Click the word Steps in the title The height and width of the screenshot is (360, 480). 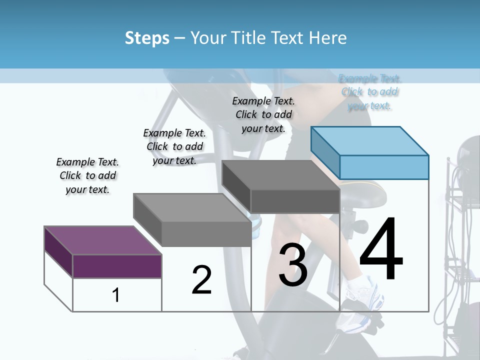146,38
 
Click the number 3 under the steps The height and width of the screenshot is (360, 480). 293,265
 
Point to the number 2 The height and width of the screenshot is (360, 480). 201,279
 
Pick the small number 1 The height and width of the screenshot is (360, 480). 116,295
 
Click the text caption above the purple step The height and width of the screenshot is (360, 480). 87,175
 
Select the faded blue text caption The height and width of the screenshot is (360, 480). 369,92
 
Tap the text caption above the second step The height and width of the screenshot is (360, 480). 174,146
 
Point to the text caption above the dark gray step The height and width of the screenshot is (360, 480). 263,114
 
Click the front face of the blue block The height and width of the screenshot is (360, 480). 384,167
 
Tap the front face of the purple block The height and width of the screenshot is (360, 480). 117,266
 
